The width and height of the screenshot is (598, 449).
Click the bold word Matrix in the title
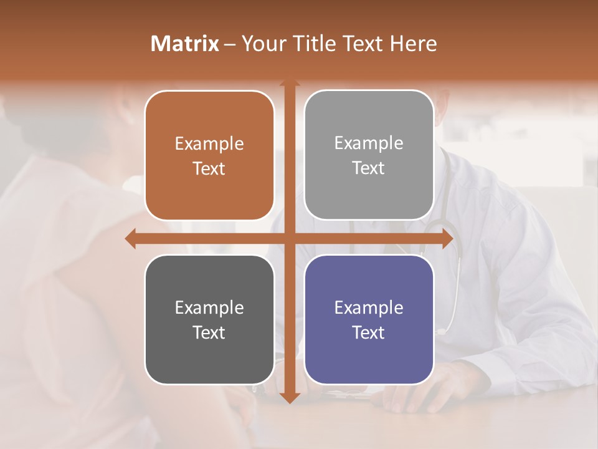click(x=185, y=44)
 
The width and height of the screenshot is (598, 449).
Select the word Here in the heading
click(x=413, y=44)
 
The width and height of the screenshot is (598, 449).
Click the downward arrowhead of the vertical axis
click(x=289, y=397)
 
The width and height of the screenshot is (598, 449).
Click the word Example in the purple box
click(x=369, y=307)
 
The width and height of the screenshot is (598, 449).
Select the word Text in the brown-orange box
click(x=209, y=168)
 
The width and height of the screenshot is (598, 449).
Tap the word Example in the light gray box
click(x=369, y=143)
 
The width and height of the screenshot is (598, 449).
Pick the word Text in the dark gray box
click(x=209, y=332)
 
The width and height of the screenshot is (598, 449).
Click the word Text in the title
click(x=360, y=44)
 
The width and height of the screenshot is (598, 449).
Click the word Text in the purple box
click(x=369, y=332)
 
